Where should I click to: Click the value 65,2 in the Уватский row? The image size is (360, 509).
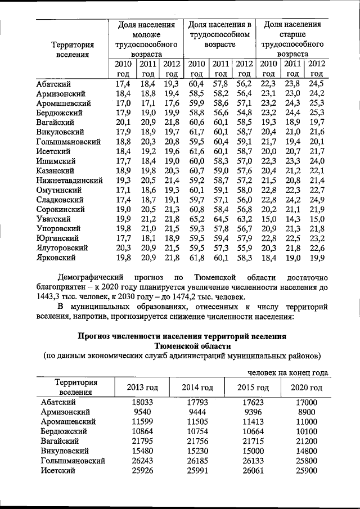[196, 219]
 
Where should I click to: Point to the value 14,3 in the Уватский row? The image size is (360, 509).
[292, 219]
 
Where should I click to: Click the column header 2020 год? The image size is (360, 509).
[306, 388]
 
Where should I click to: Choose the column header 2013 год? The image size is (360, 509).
[142, 388]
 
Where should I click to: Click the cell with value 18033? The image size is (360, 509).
[142, 403]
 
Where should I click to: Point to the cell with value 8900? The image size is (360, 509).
[306, 412]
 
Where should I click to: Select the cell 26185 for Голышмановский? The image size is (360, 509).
[197, 460]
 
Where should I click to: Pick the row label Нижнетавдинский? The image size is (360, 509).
[69, 180]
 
